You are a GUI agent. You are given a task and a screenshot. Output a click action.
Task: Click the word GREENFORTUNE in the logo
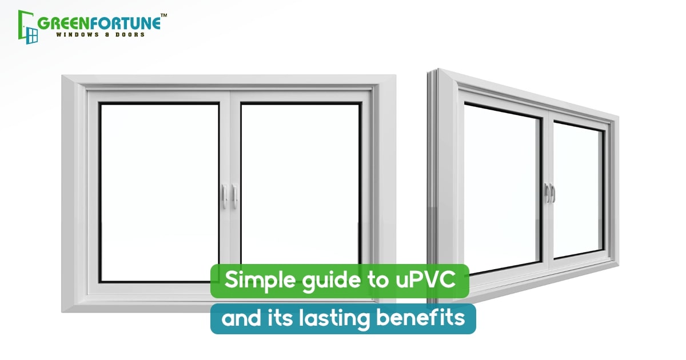(x=99, y=23)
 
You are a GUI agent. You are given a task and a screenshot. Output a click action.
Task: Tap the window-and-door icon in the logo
(x=28, y=27)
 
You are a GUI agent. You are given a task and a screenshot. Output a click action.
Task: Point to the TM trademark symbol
(x=164, y=15)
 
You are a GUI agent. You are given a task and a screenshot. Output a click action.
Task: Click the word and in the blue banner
(x=241, y=318)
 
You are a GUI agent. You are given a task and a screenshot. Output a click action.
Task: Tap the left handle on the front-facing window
(x=225, y=196)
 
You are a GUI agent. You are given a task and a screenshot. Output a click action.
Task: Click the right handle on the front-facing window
(x=234, y=196)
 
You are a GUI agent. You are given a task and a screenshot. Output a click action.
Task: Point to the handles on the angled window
(x=550, y=193)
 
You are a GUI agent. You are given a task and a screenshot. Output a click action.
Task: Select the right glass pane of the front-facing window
(x=300, y=184)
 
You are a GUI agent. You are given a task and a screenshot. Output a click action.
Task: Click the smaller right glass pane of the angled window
(x=578, y=190)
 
